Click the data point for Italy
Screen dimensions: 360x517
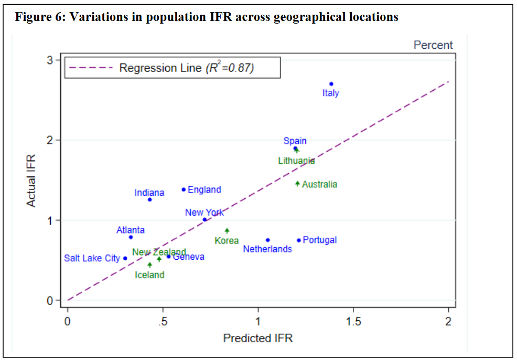331,84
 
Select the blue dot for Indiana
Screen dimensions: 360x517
149,199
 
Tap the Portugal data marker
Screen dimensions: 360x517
299,240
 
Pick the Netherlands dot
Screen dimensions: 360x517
268,240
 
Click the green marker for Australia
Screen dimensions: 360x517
297,184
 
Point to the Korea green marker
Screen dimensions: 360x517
227,230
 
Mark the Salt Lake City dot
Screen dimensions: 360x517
125,258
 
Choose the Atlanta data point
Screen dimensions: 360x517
131,237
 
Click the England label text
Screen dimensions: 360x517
204,189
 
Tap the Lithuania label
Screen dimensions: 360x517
296,161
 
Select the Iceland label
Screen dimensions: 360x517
149,275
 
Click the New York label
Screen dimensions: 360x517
204,213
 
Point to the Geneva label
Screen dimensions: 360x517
189,257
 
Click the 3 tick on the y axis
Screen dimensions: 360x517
50,60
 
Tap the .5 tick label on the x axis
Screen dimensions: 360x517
163,322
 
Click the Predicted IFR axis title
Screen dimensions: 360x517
258,338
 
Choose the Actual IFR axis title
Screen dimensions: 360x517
31,180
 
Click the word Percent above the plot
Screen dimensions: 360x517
433,45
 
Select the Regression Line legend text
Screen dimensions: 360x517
187,68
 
